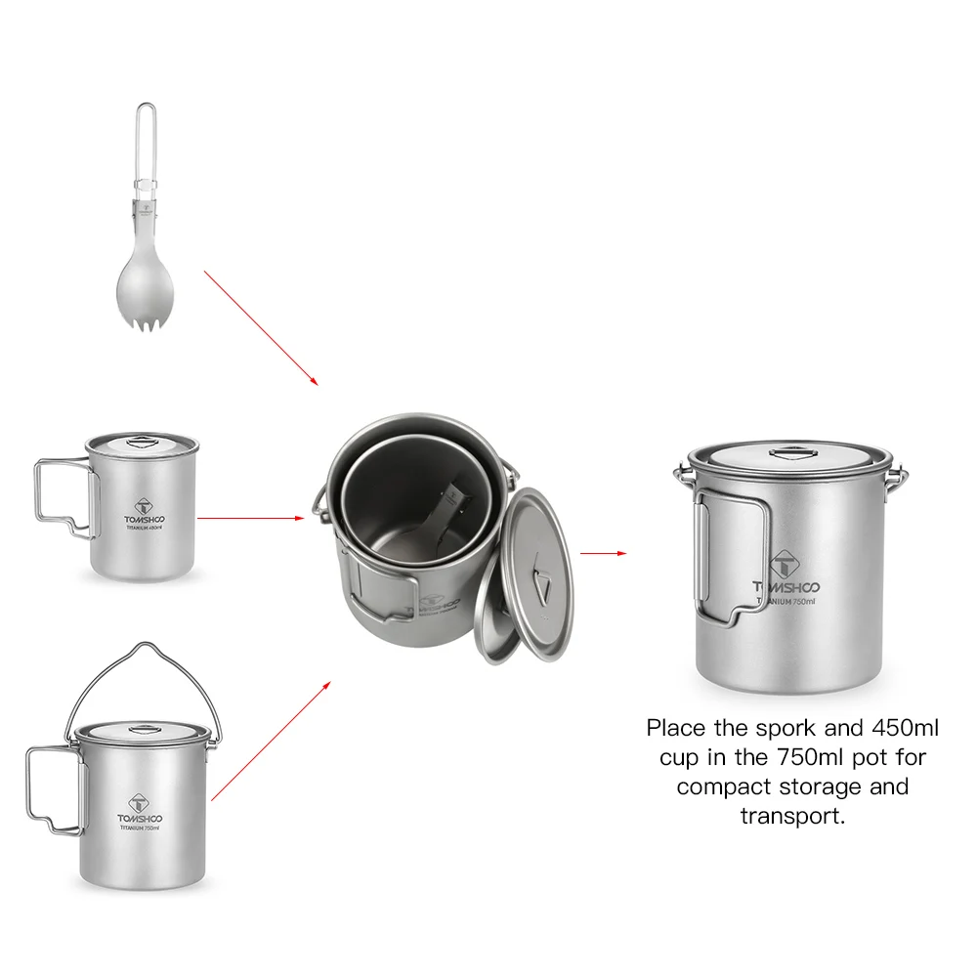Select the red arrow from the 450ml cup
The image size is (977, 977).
point(250,518)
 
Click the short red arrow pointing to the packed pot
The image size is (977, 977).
point(602,553)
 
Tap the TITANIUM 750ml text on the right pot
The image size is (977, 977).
point(786,602)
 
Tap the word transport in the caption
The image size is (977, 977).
point(791,816)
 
